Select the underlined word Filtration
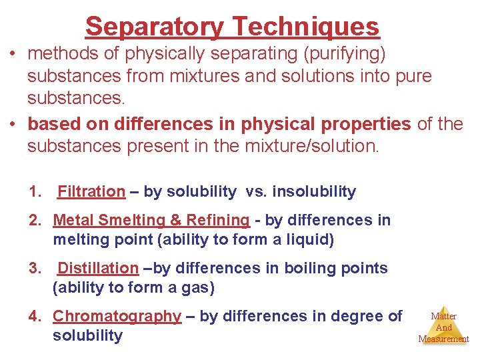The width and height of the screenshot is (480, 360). [91, 192]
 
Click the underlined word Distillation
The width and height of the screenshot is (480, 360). [98, 268]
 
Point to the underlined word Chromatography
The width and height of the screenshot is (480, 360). [117, 316]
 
